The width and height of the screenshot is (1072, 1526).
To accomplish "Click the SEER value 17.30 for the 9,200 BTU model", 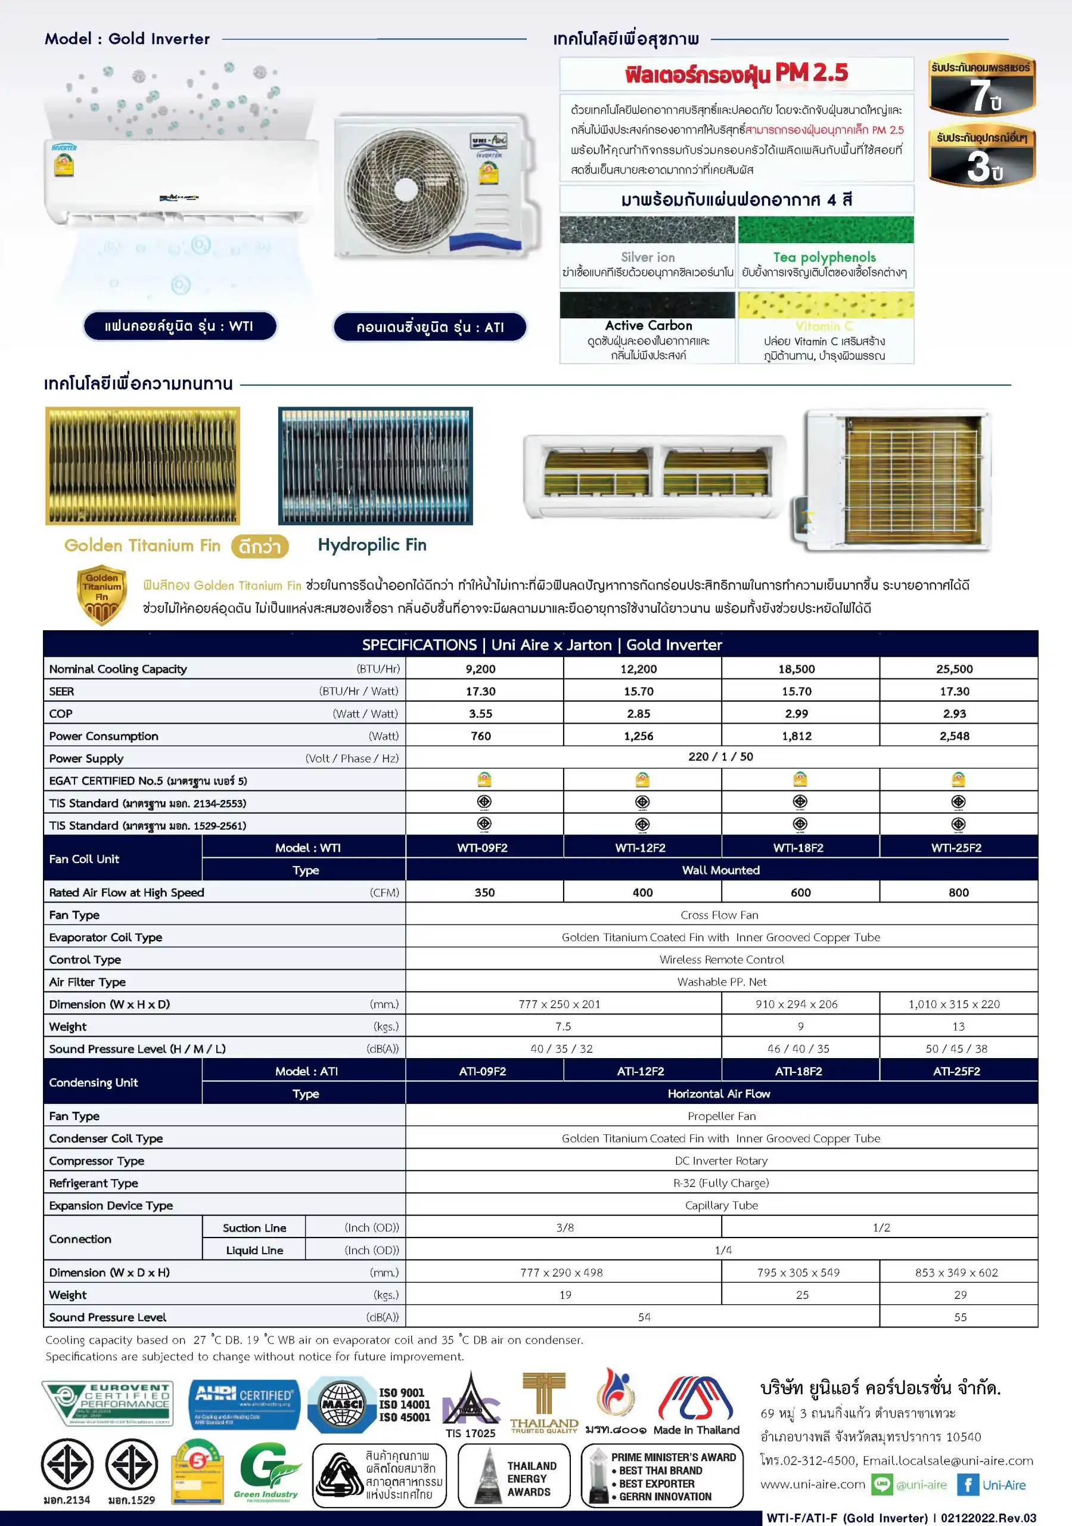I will coord(480,691).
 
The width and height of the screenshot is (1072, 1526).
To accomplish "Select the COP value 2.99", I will coord(796,714).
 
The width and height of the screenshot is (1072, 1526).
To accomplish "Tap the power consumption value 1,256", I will coord(638,736).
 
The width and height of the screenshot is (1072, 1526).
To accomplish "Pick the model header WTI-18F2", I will coord(798,848).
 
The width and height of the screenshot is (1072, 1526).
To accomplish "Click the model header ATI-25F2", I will coord(956,1071).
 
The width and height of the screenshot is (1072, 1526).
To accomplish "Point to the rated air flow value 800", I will coord(958,892).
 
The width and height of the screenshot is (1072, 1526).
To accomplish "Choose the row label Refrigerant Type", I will coord(94,1183).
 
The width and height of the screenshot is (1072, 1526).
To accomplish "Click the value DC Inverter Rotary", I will coord(721,1161).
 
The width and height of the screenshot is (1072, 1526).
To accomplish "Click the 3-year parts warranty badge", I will coord(981,156).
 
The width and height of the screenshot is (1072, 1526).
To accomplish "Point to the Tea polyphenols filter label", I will coord(824,257).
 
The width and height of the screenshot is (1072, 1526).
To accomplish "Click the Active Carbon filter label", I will coord(648,325).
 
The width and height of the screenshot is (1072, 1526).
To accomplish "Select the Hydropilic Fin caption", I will coord(372,545).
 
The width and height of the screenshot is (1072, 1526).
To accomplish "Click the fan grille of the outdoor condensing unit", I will coord(403,186).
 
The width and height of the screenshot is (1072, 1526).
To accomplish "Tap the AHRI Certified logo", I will coord(244,1403).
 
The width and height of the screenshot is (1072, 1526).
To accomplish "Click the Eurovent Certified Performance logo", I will coord(108,1403).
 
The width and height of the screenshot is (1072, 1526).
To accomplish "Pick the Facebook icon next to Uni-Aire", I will coord(968,1485).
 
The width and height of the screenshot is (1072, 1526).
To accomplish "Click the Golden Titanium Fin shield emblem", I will coord(102,594).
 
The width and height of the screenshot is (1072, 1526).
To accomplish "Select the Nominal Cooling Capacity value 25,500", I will coord(955,669).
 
